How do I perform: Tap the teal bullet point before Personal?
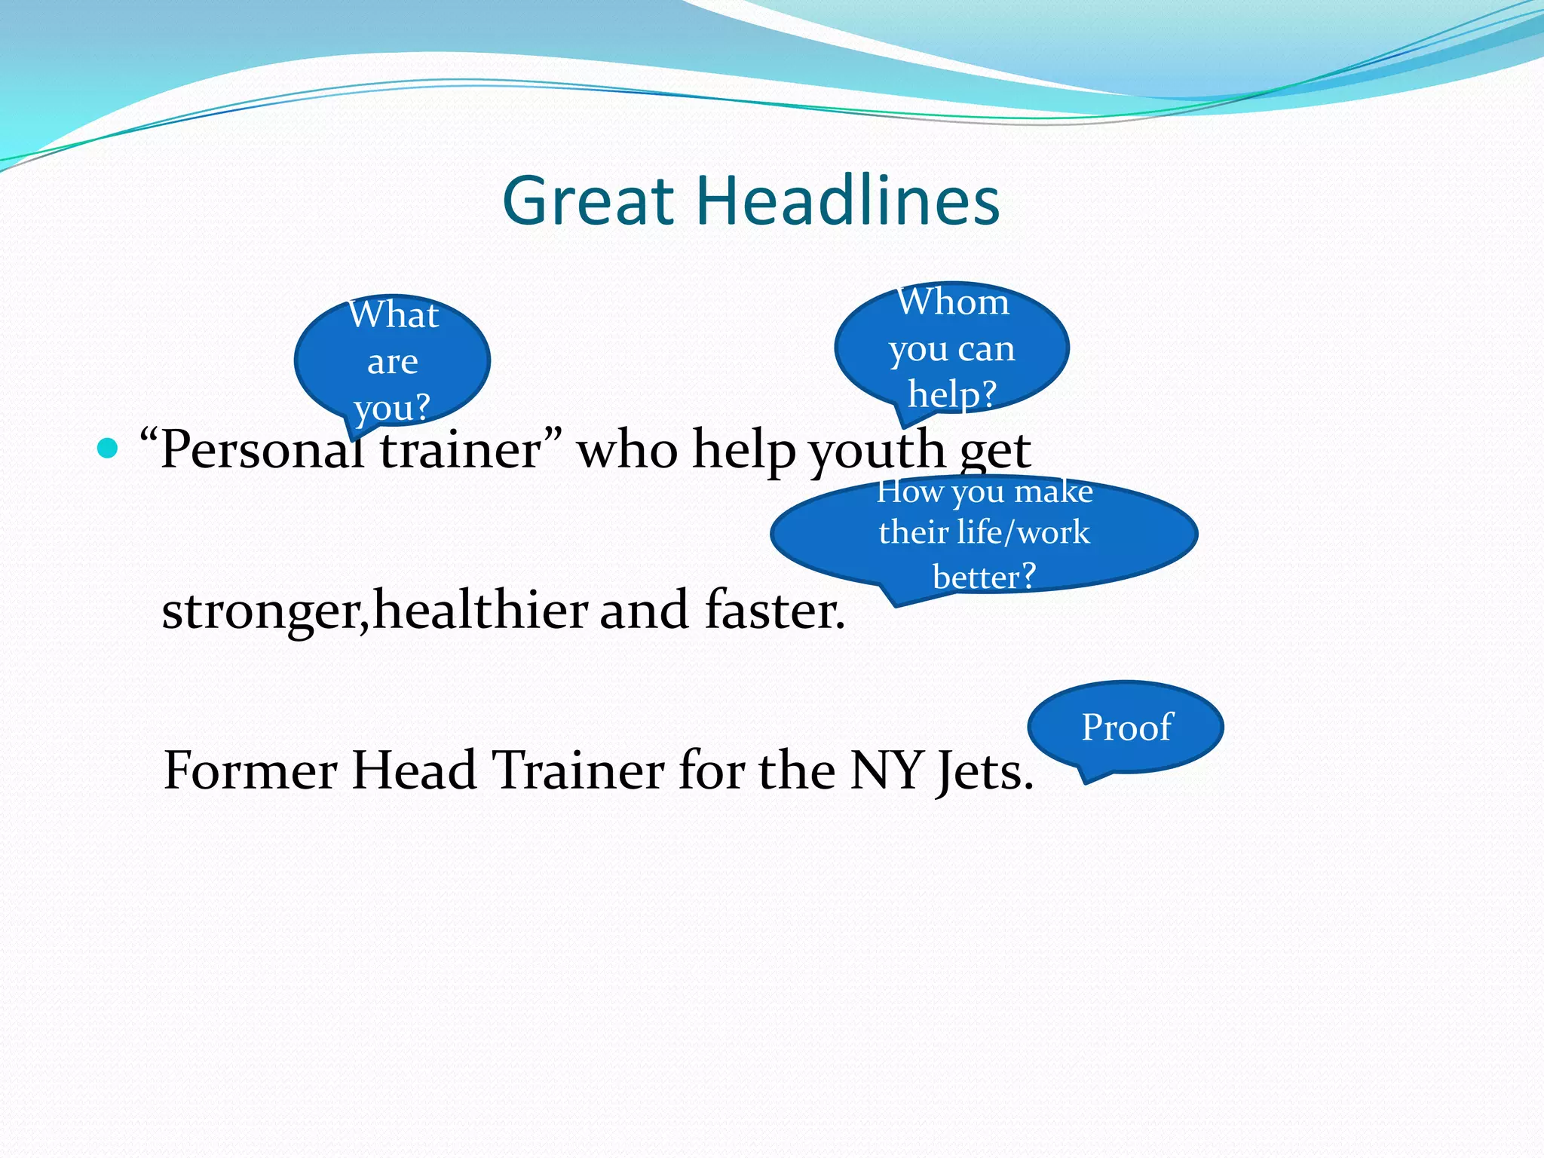108,449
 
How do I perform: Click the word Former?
250,770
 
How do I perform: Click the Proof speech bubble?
1126,727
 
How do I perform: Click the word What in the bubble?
393,314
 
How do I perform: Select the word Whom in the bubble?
952,302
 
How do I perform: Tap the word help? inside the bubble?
952,394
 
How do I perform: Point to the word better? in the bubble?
984,577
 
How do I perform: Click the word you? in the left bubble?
392,408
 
